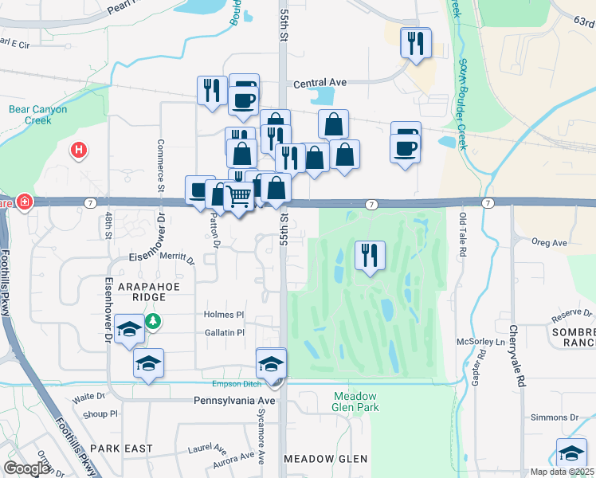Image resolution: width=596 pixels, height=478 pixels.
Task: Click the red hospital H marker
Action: (78, 149)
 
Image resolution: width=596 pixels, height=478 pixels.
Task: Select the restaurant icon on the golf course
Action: (369, 256)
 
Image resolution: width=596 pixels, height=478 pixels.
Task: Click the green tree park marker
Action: (151, 322)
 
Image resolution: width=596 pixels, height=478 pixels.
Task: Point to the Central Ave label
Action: (320, 82)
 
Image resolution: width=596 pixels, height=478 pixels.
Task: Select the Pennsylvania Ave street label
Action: (234, 401)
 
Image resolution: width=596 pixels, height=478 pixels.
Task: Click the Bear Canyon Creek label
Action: (37, 115)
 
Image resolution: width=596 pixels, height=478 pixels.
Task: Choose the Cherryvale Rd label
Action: (513, 347)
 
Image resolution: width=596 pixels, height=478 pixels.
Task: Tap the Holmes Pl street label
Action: (224, 315)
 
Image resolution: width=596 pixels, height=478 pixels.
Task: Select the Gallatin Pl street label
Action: (224, 332)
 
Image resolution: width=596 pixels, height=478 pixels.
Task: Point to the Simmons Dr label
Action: (555, 417)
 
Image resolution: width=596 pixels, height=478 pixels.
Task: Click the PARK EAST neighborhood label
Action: (121, 449)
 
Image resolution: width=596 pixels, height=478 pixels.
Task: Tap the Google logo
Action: (27, 468)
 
